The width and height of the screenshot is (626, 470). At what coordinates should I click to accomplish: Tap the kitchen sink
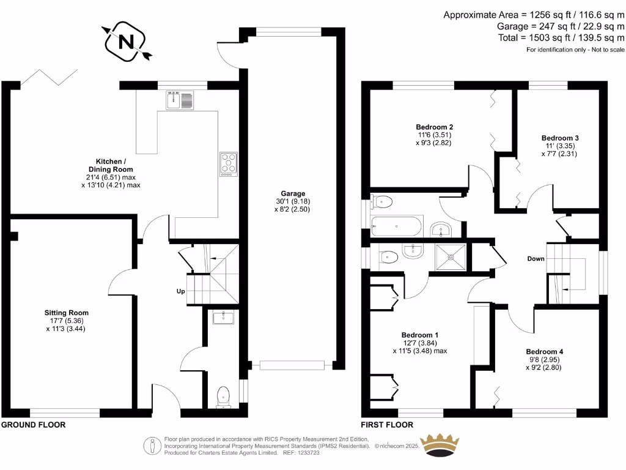point(179,100)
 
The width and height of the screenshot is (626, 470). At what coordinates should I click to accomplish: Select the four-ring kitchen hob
point(228,164)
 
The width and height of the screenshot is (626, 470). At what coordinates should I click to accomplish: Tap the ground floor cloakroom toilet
point(224,396)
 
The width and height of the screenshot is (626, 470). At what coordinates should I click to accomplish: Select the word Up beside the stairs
point(181,291)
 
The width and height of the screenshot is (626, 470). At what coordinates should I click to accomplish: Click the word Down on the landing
point(536,259)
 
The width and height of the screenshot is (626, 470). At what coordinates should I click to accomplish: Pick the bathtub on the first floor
point(397,226)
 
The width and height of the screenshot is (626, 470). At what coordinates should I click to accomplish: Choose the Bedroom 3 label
point(560,138)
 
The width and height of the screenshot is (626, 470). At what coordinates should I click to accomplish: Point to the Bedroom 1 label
point(419,335)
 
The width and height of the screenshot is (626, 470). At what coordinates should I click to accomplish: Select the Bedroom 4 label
point(544,352)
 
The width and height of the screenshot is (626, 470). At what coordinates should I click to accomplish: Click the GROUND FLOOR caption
point(33,425)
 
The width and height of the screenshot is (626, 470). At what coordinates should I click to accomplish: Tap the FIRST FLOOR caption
point(387,425)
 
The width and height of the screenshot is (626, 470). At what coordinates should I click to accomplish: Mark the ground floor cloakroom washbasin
point(223,317)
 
